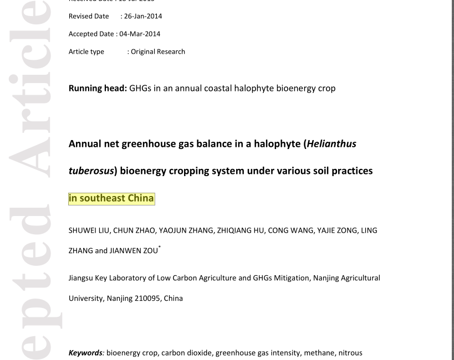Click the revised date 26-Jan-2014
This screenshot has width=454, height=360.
(142, 16)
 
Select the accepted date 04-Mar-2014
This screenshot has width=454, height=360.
(140, 34)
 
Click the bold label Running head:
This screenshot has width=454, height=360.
(98, 88)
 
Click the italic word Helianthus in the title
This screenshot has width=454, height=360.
(331, 144)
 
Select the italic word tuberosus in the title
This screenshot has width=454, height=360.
(91, 171)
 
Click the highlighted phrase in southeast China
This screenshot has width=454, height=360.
(111, 198)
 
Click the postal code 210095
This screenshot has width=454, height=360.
(147, 298)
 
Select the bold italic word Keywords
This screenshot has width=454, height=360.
(85, 353)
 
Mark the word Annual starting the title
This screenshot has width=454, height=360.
(84, 144)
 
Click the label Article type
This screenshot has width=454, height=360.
(86, 52)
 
